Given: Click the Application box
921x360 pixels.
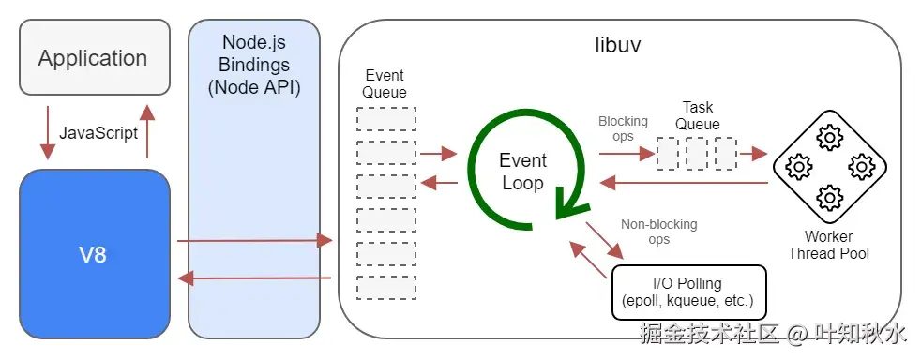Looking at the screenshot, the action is (x=95, y=57).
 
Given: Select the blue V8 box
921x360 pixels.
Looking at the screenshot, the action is (x=95, y=254).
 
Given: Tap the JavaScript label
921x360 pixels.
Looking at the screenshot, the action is (x=98, y=133).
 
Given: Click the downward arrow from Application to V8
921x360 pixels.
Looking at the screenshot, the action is (x=48, y=133).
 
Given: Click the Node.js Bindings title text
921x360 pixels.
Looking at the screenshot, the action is (x=254, y=65).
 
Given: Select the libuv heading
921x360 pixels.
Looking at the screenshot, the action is (x=618, y=45).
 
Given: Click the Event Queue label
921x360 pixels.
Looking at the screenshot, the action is (x=385, y=83).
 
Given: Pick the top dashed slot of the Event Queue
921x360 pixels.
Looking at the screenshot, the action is (x=385, y=119).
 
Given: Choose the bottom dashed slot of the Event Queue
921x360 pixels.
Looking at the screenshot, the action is (x=385, y=288).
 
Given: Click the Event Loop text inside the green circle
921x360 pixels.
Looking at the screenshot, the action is (x=522, y=171).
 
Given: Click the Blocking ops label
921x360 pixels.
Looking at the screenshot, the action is (x=623, y=128).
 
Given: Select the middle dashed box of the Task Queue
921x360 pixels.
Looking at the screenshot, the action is (x=697, y=153).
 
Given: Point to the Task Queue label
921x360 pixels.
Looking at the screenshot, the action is (x=697, y=115).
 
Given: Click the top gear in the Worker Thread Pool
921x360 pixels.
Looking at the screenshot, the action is (x=829, y=139).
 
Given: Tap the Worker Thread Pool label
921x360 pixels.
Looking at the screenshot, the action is (x=828, y=245).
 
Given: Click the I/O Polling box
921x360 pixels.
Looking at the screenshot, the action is (x=689, y=292).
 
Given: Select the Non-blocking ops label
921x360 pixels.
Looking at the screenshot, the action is (x=659, y=232).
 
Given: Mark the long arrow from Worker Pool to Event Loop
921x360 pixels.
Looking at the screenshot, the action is (x=684, y=183).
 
